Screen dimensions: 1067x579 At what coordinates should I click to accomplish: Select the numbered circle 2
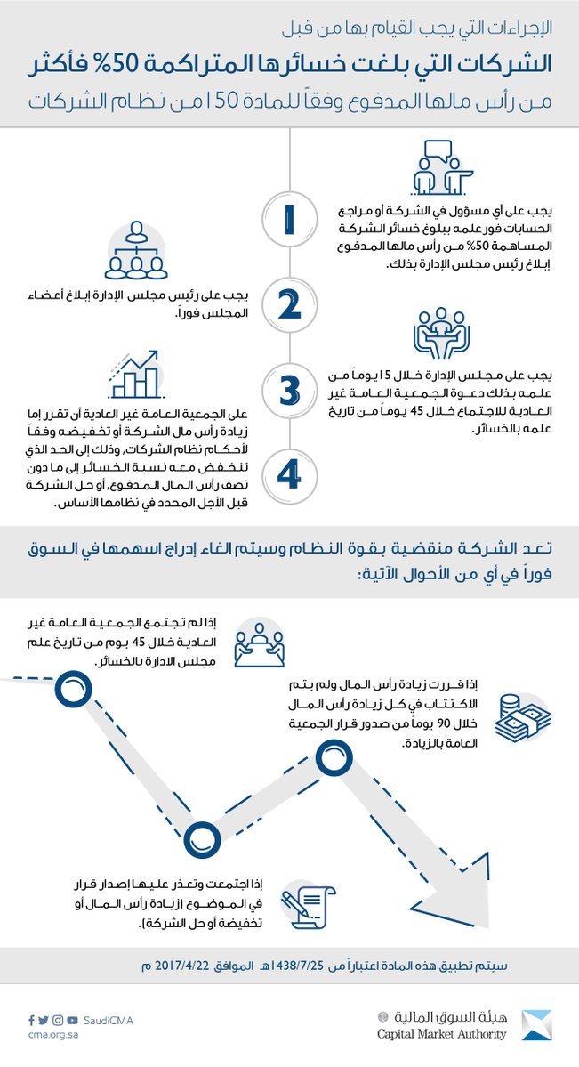pos(289,304)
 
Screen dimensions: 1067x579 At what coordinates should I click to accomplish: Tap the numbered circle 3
pos(289,389)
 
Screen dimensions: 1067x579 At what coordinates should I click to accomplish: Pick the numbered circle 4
pos(289,473)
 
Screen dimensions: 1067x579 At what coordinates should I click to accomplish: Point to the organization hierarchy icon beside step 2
pos(139,252)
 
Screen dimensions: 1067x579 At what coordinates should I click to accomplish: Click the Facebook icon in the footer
pos(31,1020)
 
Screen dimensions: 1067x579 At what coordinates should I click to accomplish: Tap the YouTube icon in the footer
pos(71,1020)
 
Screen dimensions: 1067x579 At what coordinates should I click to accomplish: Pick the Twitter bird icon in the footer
pos(44,1020)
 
